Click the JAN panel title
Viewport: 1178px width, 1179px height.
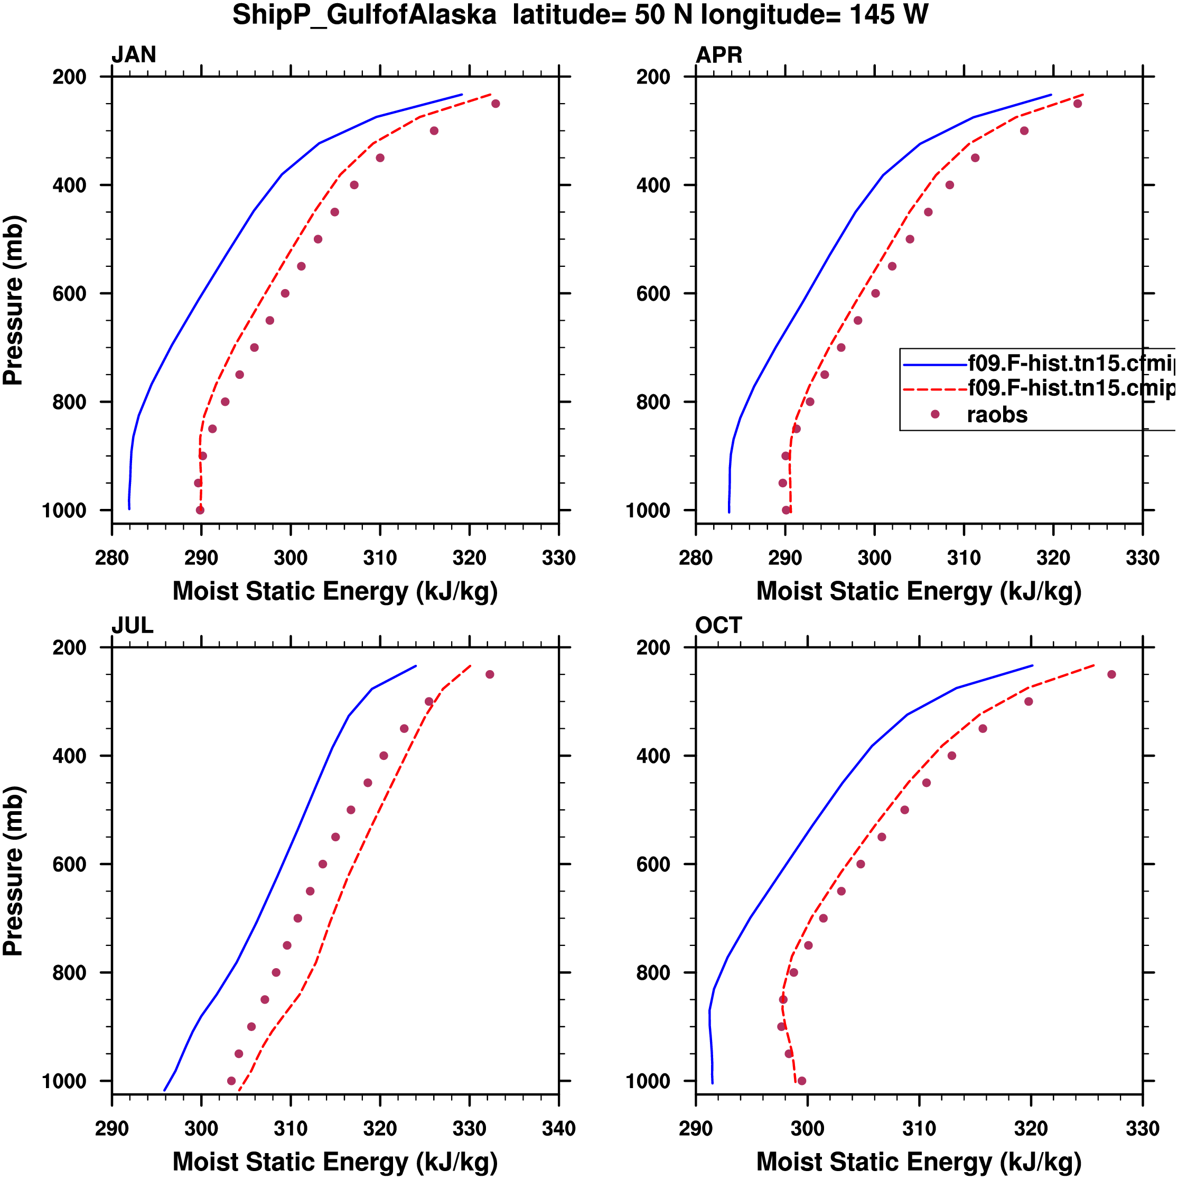click(x=134, y=55)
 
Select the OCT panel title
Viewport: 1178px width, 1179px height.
click(x=718, y=626)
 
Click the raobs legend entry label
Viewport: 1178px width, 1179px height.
click(x=997, y=415)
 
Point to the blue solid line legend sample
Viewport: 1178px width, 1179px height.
click(x=934, y=365)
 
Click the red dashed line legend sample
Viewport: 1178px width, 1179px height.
click(x=934, y=389)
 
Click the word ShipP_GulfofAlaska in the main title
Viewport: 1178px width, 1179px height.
click(x=364, y=15)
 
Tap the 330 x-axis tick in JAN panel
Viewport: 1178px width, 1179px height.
click(x=558, y=558)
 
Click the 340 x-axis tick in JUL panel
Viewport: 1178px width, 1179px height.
click(x=558, y=1128)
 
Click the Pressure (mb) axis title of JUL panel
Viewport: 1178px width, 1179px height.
click(x=13, y=871)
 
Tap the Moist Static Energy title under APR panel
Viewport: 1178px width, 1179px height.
click(x=919, y=591)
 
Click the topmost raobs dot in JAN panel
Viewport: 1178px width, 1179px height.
click(x=495, y=104)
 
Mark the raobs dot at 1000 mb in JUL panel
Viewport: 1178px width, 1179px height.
click(x=231, y=1081)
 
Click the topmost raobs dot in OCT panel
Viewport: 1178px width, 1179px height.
click(x=1111, y=674)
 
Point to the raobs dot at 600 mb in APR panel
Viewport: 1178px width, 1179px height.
click(x=875, y=293)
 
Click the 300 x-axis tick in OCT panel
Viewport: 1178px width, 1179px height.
click(x=807, y=1128)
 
